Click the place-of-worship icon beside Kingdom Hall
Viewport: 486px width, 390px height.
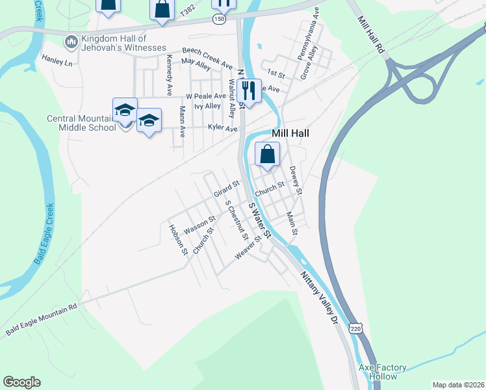point(71,42)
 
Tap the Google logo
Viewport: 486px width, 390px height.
point(21,382)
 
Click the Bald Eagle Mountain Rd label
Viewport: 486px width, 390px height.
point(41,319)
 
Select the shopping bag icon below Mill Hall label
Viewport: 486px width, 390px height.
point(268,155)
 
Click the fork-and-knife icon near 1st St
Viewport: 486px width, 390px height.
point(249,90)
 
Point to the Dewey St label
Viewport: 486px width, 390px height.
point(296,180)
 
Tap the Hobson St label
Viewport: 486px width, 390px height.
point(177,239)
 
